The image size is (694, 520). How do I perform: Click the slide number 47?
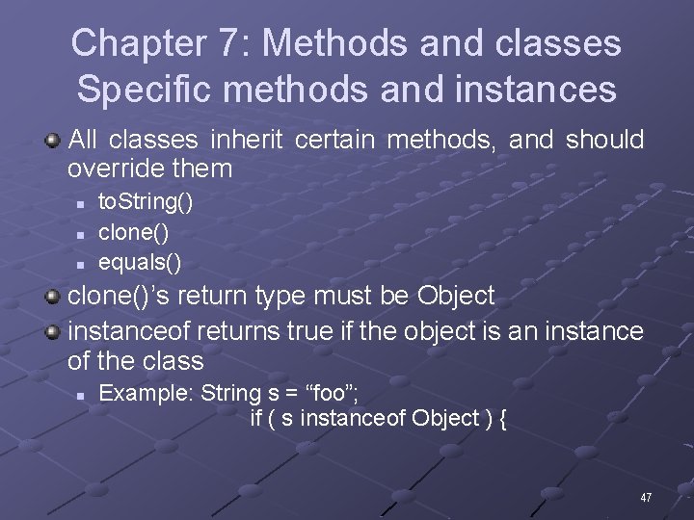tap(646, 498)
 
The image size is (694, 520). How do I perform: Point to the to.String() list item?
tap(146, 202)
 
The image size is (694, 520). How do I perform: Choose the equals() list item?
tap(140, 261)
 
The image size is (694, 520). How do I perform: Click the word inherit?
tap(246, 141)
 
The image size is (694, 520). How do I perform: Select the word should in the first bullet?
tap(604, 141)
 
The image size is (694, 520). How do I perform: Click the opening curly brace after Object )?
tap(502, 418)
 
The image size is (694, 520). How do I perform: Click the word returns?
tap(237, 331)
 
